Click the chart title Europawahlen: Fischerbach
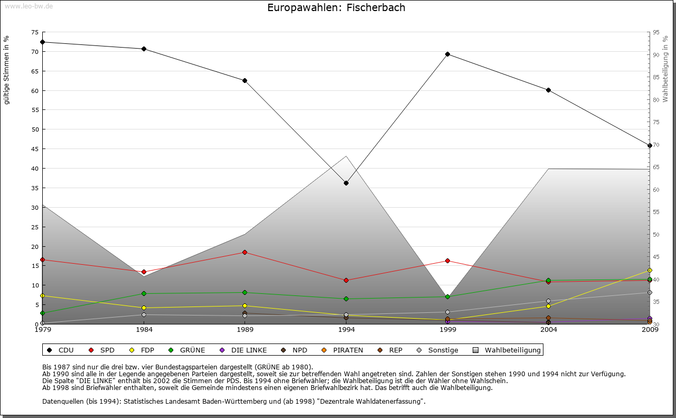pyautogui.click(x=336, y=8)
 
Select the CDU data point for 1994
pyautogui.click(x=346, y=183)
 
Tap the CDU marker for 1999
pyautogui.click(x=447, y=54)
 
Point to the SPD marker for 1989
pyautogui.click(x=245, y=252)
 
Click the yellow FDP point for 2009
pyautogui.click(x=650, y=270)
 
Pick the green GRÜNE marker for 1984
pyautogui.click(x=144, y=293)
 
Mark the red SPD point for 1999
pyautogui.click(x=447, y=261)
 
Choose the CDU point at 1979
pyautogui.click(x=42, y=42)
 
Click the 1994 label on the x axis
pyautogui.click(x=346, y=330)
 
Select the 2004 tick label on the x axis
pyautogui.click(x=549, y=330)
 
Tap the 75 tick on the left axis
pyautogui.click(x=35, y=32)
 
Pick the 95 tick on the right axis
pyautogui.click(x=656, y=32)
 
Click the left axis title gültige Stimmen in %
pyautogui.click(x=7, y=70)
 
